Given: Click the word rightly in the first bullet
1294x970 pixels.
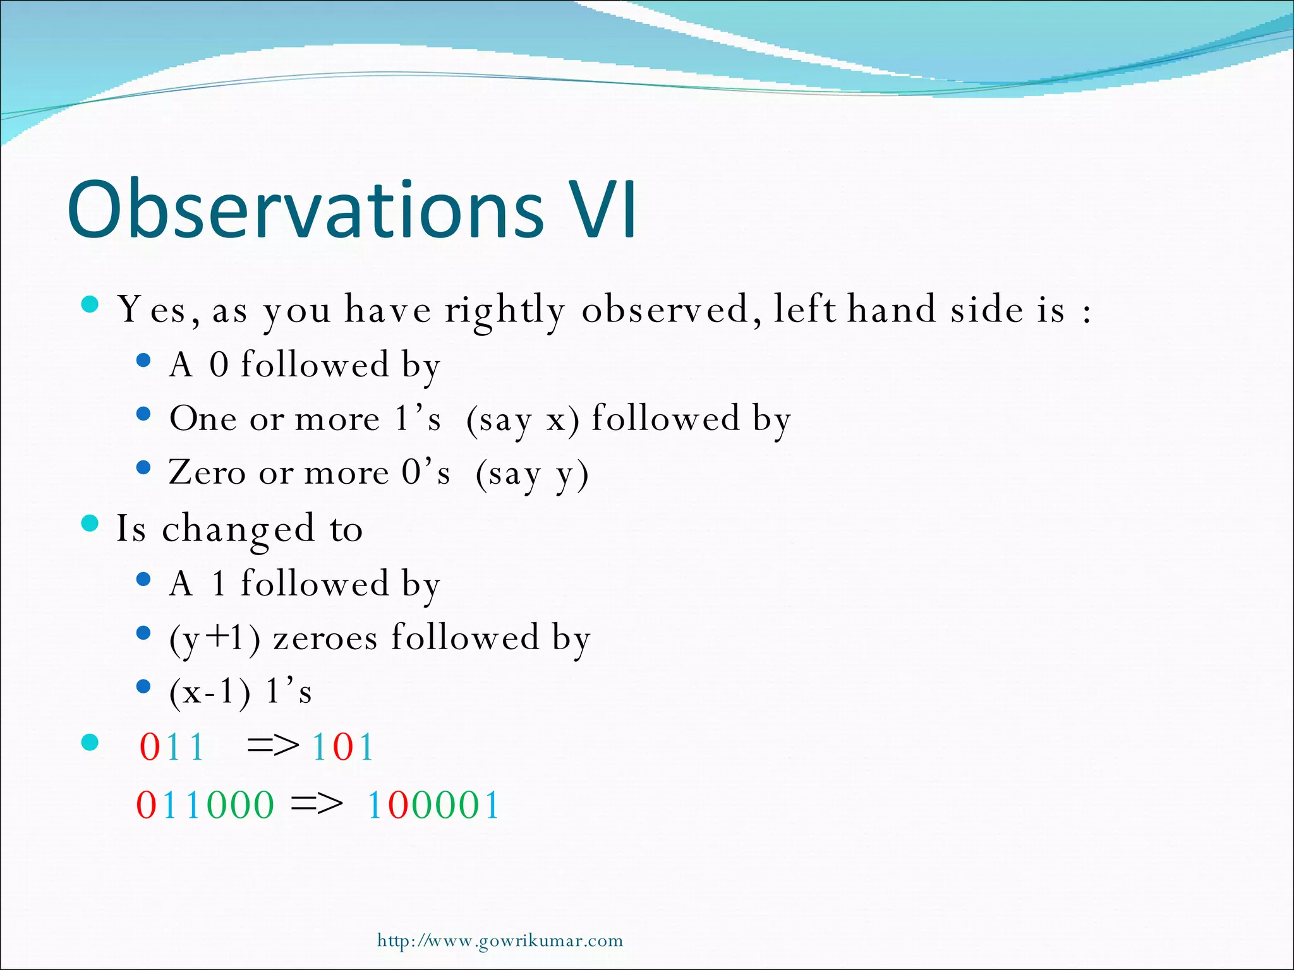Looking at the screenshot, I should [x=504, y=311].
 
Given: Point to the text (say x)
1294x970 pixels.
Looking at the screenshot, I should [x=522, y=420].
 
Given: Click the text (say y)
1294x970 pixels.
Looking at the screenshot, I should [x=532, y=474].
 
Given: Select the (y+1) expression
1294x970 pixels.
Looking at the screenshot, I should [x=215, y=638].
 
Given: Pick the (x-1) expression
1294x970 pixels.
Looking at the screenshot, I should [x=210, y=693].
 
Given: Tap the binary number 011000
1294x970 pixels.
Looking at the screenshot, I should [x=205, y=805].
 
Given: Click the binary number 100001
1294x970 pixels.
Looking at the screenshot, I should [x=433, y=805].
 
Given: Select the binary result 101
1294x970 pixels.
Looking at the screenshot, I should [x=343, y=747].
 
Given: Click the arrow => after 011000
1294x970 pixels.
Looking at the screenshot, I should [x=317, y=805].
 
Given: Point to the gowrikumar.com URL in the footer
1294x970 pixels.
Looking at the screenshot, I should [x=500, y=941].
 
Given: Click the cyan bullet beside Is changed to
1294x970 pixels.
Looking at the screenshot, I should [x=91, y=524].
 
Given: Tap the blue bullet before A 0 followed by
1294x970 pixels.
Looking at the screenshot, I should [x=143, y=360].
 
